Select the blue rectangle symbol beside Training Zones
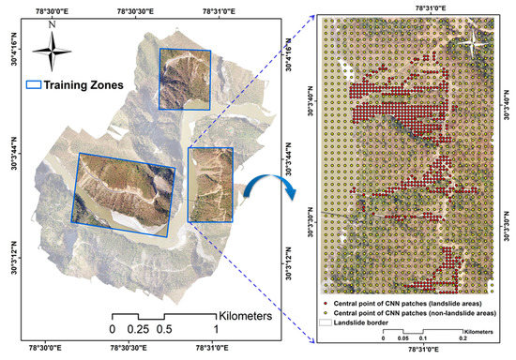pyautogui.click(x=36, y=83)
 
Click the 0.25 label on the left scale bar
pyautogui.click(x=138, y=329)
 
